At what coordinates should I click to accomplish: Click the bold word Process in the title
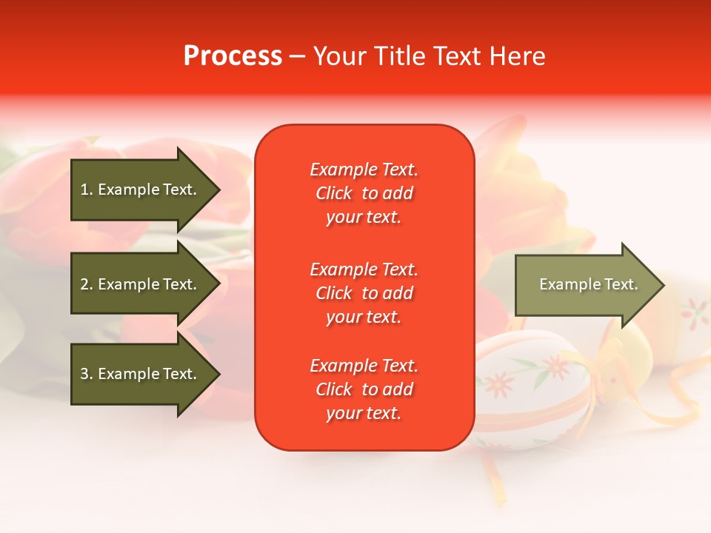233,56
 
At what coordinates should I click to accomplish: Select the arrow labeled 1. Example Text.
141,190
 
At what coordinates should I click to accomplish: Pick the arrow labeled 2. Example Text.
141,284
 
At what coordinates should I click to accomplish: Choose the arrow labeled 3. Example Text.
141,374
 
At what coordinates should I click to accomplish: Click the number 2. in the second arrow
86,284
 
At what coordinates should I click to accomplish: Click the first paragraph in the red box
364,193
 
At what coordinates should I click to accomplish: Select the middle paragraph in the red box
364,293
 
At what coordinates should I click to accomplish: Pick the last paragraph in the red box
364,389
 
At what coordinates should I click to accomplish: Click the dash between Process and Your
297,57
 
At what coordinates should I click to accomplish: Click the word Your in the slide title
340,56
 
